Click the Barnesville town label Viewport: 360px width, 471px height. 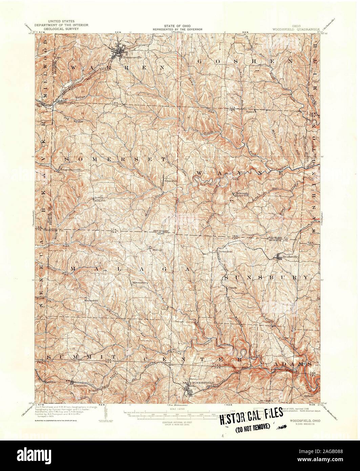(123, 57)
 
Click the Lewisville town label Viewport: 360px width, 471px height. (79, 385)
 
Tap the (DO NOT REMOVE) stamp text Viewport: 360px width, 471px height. (252, 426)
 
